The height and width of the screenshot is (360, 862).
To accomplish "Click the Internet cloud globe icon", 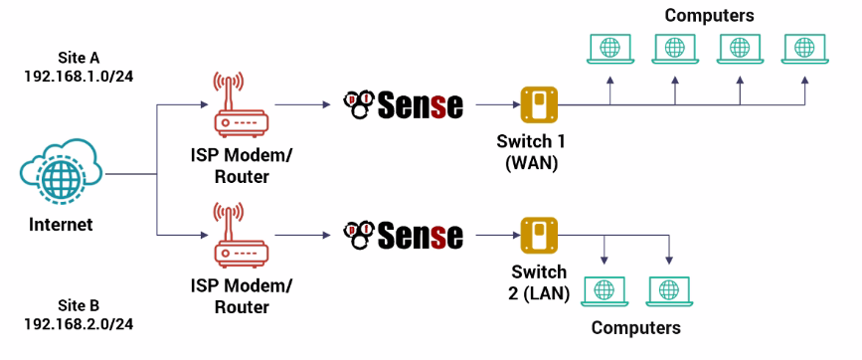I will [x=62, y=173].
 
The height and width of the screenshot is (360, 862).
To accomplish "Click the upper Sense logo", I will [x=403, y=103].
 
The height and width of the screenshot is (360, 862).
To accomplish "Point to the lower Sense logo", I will [x=403, y=235].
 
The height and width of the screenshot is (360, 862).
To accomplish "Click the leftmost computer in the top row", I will [x=609, y=49].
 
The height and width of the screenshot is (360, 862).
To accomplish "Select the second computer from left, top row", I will [x=674, y=49].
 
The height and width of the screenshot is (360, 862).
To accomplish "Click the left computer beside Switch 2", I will [x=603, y=290].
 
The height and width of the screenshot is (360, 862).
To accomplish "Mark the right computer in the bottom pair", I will [x=668, y=290].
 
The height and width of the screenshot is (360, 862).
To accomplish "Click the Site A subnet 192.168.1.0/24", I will [x=79, y=76].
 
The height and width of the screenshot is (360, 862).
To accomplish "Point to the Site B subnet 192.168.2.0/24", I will [x=79, y=324].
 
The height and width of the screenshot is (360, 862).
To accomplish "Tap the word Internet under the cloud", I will [x=61, y=225].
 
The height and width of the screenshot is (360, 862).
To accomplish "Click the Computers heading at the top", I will [x=709, y=15].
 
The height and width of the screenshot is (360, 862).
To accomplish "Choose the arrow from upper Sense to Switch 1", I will [x=494, y=103].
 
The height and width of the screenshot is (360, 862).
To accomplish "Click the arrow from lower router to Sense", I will [x=302, y=235].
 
